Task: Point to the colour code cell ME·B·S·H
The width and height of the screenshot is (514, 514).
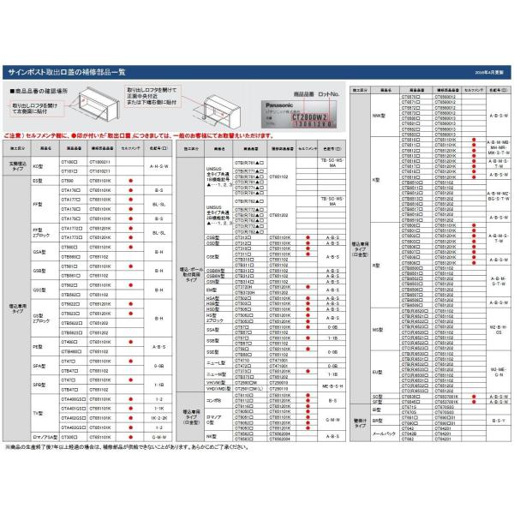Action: [332, 387]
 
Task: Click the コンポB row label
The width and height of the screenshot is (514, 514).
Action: [213, 401]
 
